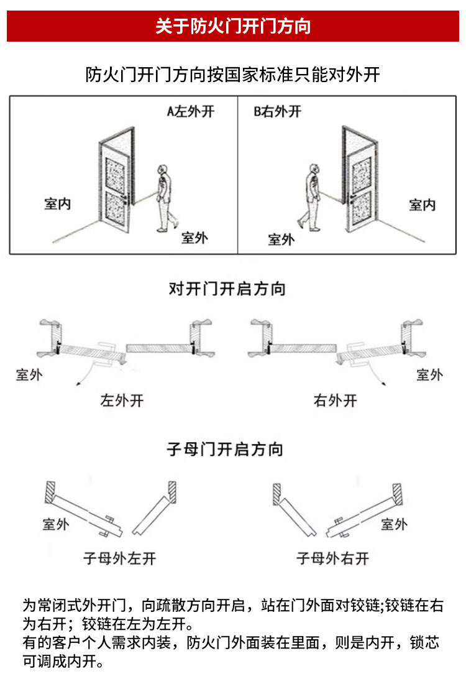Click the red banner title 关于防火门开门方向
pos(233,27)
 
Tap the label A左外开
pos(190,112)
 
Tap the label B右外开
pos(277,112)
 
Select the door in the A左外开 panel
pos(116,180)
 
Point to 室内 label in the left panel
pos(57,205)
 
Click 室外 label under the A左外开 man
pos(194,238)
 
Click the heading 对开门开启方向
pos(227,289)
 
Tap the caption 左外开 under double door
pos(122,400)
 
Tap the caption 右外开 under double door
pos(335,400)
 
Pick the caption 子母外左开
pos(119,558)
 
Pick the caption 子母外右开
pos(332,558)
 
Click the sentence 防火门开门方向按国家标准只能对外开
pos(232,75)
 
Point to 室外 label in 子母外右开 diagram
pos(393,524)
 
